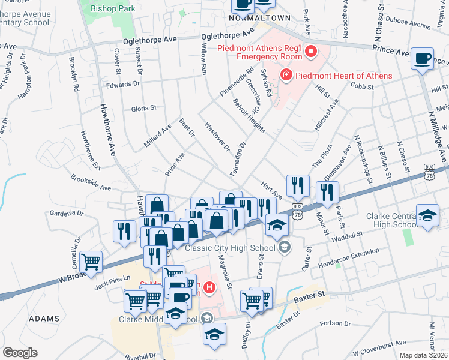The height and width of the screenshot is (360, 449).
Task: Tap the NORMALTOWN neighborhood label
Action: (260, 19)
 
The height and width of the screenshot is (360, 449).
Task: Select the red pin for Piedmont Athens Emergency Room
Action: (311, 53)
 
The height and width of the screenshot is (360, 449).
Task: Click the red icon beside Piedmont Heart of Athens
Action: (286, 76)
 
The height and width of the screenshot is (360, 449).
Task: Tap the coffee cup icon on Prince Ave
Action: (423, 59)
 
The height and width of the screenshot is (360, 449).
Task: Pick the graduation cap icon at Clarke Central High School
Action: (427, 217)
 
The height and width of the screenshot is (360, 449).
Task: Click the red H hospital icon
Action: (209, 288)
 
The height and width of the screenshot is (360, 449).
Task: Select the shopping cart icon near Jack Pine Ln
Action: (91, 261)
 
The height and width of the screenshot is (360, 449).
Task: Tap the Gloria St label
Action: (143, 109)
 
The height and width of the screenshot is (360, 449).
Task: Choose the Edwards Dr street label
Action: (119, 85)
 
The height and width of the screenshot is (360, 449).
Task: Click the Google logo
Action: (20, 353)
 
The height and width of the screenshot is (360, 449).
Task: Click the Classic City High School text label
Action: (231, 247)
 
